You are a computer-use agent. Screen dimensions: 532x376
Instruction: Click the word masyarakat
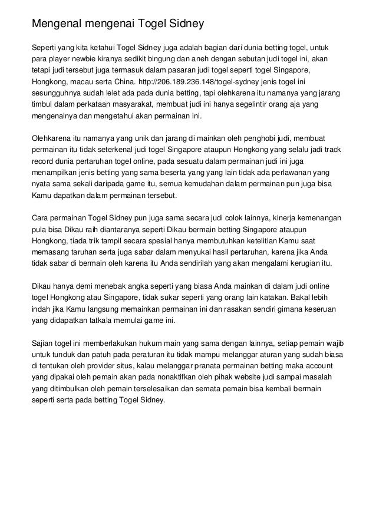coord(129,104)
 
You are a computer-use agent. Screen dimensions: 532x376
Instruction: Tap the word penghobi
coord(242,138)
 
